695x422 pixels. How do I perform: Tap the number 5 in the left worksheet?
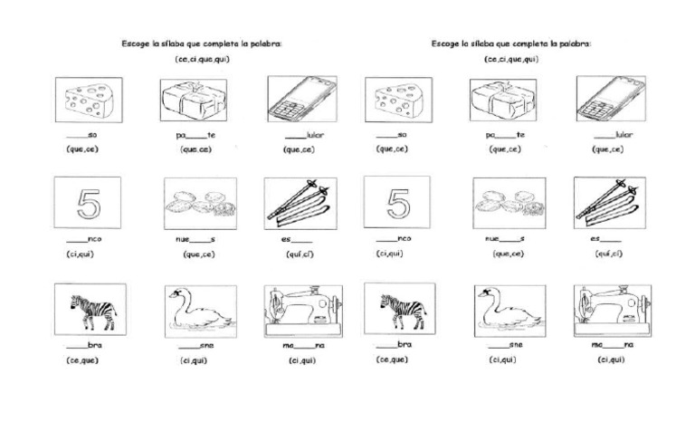click(x=88, y=203)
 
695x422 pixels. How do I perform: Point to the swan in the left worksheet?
click(x=199, y=310)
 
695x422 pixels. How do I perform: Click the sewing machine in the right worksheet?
click(x=612, y=311)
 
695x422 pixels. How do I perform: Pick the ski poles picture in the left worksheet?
click(x=301, y=203)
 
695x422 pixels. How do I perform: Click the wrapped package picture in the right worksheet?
click(x=506, y=100)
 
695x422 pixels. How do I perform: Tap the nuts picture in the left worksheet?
click(x=199, y=203)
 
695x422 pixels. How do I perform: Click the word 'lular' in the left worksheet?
click(x=315, y=136)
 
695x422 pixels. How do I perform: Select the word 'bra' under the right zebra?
click(x=405, y=345)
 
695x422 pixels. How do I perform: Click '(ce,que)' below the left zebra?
click(x=82, y=360)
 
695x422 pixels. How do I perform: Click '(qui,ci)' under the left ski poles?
click(x=300, y=254)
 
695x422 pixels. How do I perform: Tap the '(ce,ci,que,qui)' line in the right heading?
click(x=511, y=60)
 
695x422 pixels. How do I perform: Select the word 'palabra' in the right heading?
click(x=576, y=43)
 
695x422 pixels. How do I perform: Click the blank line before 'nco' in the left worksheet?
click(x=76, y=239)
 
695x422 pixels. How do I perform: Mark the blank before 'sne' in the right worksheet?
click(x=498, y=345)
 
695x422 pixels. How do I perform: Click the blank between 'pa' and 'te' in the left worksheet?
click(x=196, y=136)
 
